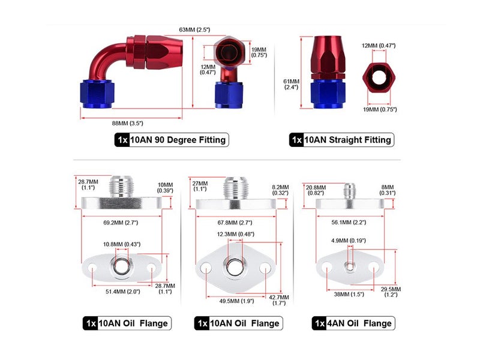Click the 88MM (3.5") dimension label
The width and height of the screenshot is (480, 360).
(x=127, y=124)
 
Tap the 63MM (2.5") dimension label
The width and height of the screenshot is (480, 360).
(x=194, y=29)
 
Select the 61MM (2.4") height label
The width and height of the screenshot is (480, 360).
(x=291, y=84)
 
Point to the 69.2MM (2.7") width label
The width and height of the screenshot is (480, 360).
(x=121, y=223)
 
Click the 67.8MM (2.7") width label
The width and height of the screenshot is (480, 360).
(x=235, y=223)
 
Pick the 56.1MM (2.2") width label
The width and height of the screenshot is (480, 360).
(x=349, y=222)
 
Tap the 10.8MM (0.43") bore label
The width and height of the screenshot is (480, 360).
(x=122, y=244)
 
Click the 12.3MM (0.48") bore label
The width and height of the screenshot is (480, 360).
(x=236, y=234)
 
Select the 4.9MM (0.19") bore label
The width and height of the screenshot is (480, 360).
(x=349, y=241)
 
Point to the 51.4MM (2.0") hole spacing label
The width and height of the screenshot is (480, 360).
(x=123, y=292)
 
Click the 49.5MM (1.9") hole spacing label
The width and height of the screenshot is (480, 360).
(x=236, y=301)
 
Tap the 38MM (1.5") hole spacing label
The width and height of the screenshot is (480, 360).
(x=349, y=294)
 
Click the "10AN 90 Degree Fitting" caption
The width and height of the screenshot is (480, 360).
(x=178, y=140)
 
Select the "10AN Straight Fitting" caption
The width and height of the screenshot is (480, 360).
(x=347, y=140)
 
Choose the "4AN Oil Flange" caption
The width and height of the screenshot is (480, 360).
(x=359, y=323)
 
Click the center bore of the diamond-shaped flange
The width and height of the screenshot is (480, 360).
(x=235, y=267)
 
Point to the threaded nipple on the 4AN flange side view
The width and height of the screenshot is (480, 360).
(x=349, y=191)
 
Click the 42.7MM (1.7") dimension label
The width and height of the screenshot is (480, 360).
(x=279, y=300)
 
